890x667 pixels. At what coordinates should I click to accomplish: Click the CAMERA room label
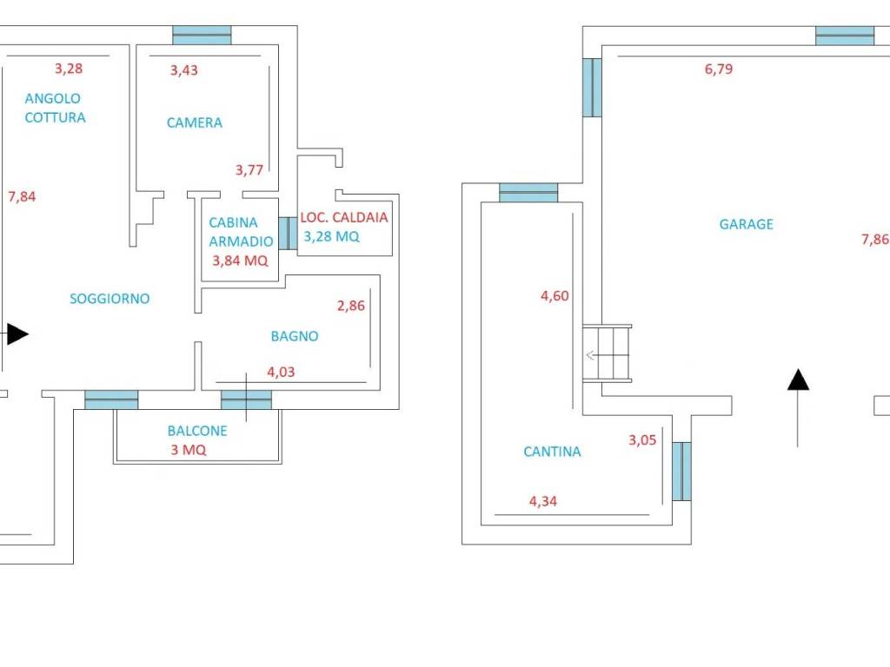(194, 122)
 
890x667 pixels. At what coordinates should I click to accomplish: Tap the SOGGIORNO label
(110, 299)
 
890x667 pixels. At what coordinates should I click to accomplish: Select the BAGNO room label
(295, 336)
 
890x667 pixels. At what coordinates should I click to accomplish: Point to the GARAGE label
(747, 224)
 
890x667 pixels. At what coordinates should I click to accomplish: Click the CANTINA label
(552, 452)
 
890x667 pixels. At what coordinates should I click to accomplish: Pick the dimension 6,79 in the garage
(719, 69)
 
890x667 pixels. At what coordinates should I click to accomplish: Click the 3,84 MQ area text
(240, 261)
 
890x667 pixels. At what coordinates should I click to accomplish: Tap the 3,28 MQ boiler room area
(331, 236)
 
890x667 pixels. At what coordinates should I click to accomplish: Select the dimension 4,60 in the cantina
(555, 295)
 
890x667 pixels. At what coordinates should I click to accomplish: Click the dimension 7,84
(22, 197)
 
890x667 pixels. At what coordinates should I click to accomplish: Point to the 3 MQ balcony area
(189, 450)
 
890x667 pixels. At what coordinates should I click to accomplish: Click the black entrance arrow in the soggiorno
(17, 334)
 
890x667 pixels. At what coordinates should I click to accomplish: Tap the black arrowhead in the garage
(798, 380)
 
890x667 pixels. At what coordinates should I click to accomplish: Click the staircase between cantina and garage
(608, 353)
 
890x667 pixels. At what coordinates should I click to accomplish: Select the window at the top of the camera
(202, 35)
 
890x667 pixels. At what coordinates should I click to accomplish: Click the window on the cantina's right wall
(681, 472)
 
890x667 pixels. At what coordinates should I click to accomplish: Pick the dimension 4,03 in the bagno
(281, 372)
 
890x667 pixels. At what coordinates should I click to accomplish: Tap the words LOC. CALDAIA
(344, 217)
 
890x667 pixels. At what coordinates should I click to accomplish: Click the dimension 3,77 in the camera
(249, 169)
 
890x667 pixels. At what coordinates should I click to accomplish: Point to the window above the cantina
(528, 193)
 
